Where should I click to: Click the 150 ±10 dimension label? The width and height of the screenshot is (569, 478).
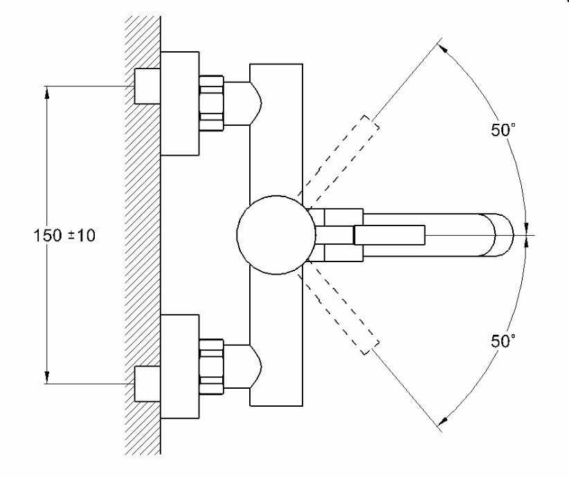point(65,235)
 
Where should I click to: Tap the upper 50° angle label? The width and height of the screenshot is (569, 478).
point(503,131)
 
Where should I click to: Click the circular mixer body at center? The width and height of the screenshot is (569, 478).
point(271,235)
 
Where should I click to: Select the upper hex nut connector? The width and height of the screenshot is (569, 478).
point(211,102)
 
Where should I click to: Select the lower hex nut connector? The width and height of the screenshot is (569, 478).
point(211,367)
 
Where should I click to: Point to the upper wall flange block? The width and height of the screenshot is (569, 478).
point(179,104)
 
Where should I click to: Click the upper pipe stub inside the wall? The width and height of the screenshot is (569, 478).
point(146,86)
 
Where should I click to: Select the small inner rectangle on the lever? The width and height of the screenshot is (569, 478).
point(388,235)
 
